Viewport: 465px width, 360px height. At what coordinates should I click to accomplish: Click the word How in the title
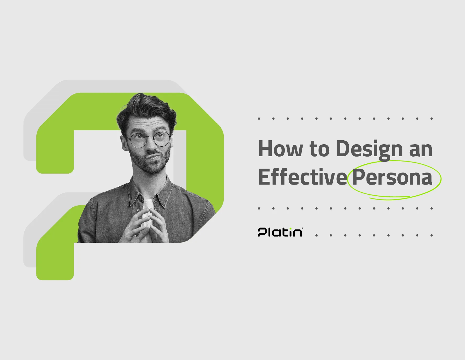tap(281, 149)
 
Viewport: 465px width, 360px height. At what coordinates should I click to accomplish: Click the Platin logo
tap(280, 232)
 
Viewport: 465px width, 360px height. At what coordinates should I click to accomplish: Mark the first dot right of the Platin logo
tap(316, 235)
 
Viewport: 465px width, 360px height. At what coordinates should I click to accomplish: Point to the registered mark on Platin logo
tap(303, 228)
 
